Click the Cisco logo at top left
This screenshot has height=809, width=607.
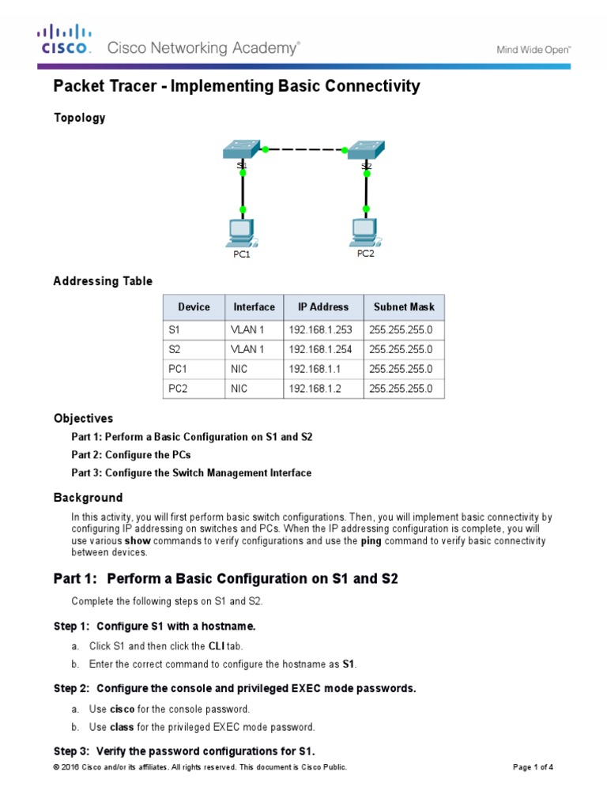(65, 40)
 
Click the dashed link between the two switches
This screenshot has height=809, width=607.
(304, 149)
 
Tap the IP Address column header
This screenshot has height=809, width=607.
(322, 307)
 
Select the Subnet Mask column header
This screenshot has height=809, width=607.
(403, 307)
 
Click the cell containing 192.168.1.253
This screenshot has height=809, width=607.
(320, 329)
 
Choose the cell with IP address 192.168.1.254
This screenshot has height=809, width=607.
(320, 349)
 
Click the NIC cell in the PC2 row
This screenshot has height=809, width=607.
(239, 389)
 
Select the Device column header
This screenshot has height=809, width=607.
(194, 307)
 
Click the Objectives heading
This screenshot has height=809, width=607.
(83, 419)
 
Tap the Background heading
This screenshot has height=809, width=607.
(88, 498)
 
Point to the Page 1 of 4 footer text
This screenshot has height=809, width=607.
(533, 767)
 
